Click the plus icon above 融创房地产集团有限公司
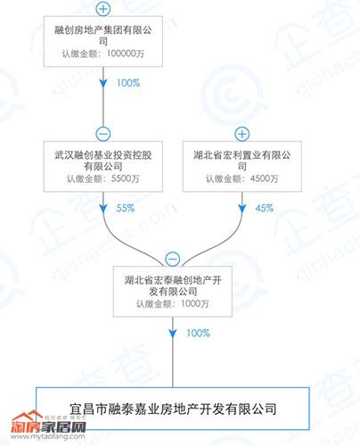(x=103, y=9)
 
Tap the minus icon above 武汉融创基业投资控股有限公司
(x=103, y=134)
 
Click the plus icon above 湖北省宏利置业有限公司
(x=242, y=134)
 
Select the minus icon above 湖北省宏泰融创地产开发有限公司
(x=173, y=259)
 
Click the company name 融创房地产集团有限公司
(x=103, y=35)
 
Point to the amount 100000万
(x=126, y=54)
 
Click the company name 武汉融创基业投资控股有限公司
(x=103, y=161)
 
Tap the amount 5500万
(x=125, y=178)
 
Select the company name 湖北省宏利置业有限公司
(x=242, y=161)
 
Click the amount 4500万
(x=265, y=178)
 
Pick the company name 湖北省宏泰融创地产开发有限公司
(x=173, y=285)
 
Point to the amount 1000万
(x=195, y=303)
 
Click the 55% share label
(x=126, y=208)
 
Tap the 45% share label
(x=265, y=208)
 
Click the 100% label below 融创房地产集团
(x=128, y=83)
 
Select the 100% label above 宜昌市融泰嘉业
(x=198, y=333)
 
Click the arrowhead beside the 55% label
(x=103, y=209)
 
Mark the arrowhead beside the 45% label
(x=242, y=209)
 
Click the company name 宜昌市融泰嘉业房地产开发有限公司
(x=173, y=409)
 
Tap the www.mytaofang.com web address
(x=48, y=437)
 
